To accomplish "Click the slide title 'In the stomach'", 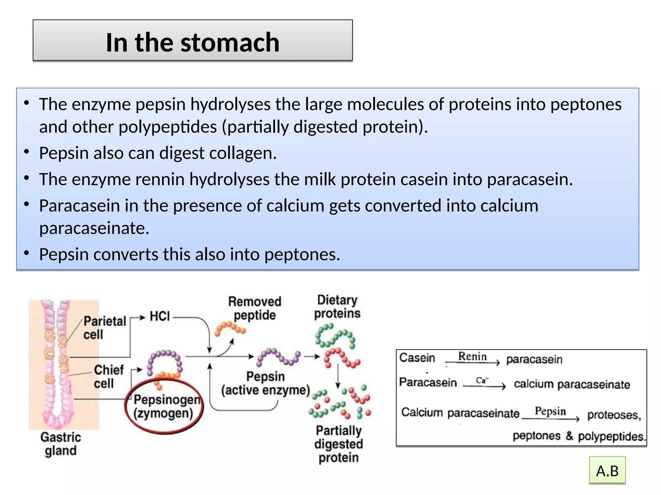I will click(192, 42).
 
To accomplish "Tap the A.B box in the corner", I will click(607, 471).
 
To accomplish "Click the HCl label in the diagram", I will click(159, 316).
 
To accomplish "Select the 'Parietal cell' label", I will click(104, 328).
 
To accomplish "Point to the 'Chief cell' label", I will click(108, 376).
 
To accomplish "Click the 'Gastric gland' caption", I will click(61, 444).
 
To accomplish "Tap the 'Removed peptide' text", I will click(255, 308).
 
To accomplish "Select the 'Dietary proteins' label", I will click(337, 306).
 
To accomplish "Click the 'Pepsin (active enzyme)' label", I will click(265, 383).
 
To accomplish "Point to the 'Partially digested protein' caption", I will click(339, 444).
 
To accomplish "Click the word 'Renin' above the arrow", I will click(472, 356).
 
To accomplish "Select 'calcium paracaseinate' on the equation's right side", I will click(572, 384).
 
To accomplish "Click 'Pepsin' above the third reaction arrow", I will click(550, 411).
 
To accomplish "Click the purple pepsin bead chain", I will click(278, 357).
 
